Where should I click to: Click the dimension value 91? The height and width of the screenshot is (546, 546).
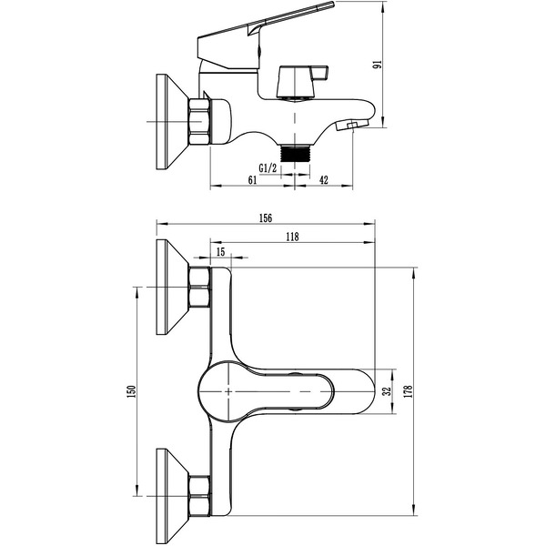pos(378,65)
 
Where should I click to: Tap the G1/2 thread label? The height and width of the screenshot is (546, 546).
pos(268,168)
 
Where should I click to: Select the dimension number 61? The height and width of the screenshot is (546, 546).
pos(252,179)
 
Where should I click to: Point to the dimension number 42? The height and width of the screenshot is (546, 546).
pos(324,179)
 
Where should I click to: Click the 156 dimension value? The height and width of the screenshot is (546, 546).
pos(266,218)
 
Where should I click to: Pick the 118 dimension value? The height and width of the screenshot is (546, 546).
pos(292,237)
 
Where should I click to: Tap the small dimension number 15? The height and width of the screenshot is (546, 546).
pos(221,251)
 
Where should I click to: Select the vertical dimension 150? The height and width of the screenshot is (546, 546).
pos(132,391)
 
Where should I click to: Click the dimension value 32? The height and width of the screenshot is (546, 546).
pos(387,391)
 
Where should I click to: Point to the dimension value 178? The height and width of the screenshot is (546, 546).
pos(409,391)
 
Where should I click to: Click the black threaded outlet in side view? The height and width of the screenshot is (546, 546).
pos(295,153)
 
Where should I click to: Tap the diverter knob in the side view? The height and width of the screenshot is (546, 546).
pos(302,81)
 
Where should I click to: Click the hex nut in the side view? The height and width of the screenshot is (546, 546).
pos(200,122)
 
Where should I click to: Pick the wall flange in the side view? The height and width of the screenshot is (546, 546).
pos(172,122)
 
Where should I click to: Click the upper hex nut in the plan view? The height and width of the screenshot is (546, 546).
pos(200,288)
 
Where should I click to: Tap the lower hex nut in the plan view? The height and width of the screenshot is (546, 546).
pos(200,496)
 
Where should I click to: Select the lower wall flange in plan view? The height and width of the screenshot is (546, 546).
pos(172,496)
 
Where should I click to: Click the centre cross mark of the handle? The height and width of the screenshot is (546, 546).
pos(228,391)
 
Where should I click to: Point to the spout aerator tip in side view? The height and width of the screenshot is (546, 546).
pos(352,125)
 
